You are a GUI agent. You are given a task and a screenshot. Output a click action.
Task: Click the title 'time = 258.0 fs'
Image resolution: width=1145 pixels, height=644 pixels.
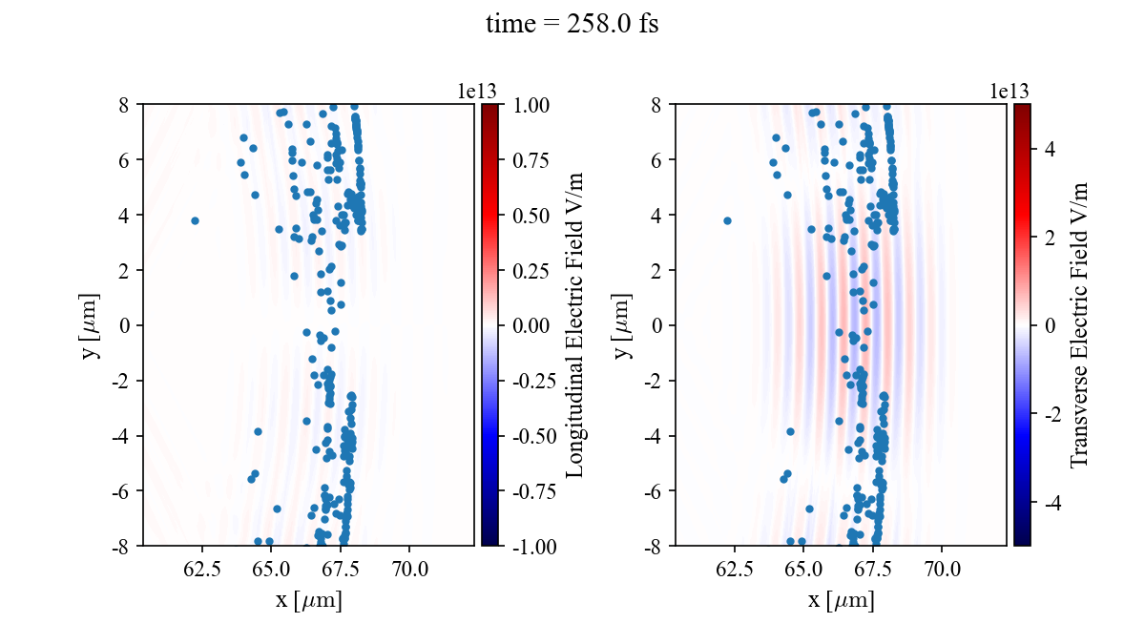tap(572, 25)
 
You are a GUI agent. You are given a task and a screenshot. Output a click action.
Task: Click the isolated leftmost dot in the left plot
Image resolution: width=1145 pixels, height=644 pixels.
tap(195, 220)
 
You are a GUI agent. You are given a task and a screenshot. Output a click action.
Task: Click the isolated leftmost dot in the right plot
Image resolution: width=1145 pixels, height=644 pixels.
tap(727, 220)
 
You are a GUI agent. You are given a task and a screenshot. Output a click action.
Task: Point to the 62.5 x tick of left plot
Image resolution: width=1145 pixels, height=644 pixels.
tap(202, 570)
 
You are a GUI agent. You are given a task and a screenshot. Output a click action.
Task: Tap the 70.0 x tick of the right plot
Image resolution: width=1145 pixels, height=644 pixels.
tap(942, 570)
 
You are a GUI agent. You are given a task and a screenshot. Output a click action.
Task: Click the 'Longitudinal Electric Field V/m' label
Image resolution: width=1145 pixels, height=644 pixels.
tap(574, 325)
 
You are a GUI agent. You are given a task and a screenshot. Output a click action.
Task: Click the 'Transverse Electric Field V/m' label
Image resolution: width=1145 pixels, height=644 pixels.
tap(1079, 325)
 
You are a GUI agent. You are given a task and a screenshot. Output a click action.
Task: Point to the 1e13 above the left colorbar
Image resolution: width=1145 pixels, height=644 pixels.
tap(477, 91)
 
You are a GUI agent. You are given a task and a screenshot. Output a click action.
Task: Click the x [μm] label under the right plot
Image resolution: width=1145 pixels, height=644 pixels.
tap(841, 601)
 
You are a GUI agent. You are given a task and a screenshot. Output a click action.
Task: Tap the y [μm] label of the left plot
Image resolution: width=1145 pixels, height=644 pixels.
tap(92, 325)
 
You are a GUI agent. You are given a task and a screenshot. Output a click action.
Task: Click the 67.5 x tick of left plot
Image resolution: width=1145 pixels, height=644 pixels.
tap(341, 570)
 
